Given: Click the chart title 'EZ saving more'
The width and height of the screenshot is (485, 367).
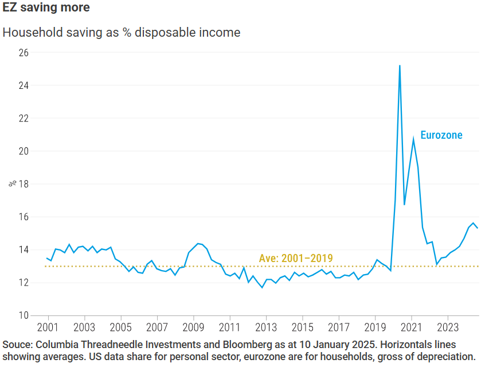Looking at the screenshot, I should click(46, 9).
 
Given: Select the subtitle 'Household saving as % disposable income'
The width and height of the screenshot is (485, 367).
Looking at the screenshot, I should click(121, 32).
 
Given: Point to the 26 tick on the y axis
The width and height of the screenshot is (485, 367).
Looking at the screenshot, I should click(24, 53).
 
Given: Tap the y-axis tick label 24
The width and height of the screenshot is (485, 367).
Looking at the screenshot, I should click(24, 85).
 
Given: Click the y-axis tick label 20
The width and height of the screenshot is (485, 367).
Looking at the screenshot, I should click(24, 151).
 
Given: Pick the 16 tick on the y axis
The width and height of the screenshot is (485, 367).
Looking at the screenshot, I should click(24, 217).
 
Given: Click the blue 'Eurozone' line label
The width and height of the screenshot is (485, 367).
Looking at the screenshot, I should click(441, 135).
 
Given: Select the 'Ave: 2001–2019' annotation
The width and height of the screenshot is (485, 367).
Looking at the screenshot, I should click(296, 258).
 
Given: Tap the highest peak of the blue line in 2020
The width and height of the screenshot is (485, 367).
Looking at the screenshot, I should click(400, 66).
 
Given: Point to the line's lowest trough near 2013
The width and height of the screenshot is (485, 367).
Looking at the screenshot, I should click(262, 287).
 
